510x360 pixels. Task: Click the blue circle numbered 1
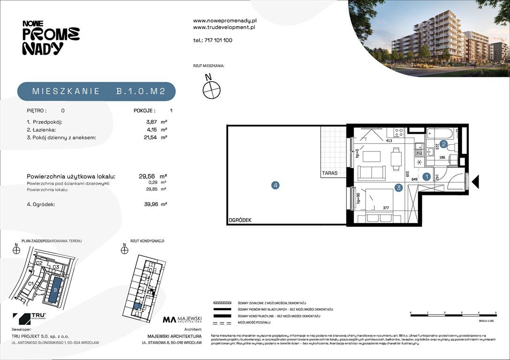click(x=426, y=177)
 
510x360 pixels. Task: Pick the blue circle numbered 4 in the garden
click(x=275, y=186)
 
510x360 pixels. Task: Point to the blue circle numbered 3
click(x=398, y=188)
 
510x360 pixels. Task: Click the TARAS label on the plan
click(x=329, y=173)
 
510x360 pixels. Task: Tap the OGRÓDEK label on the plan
click(x=240, y=220)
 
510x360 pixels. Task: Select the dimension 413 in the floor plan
click(x=388, y=140)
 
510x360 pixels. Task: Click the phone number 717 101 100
click(x=218, y=40)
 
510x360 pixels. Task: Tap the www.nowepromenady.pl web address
click(x=225, y=21)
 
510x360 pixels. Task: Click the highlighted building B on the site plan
click(x=55, y=290)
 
